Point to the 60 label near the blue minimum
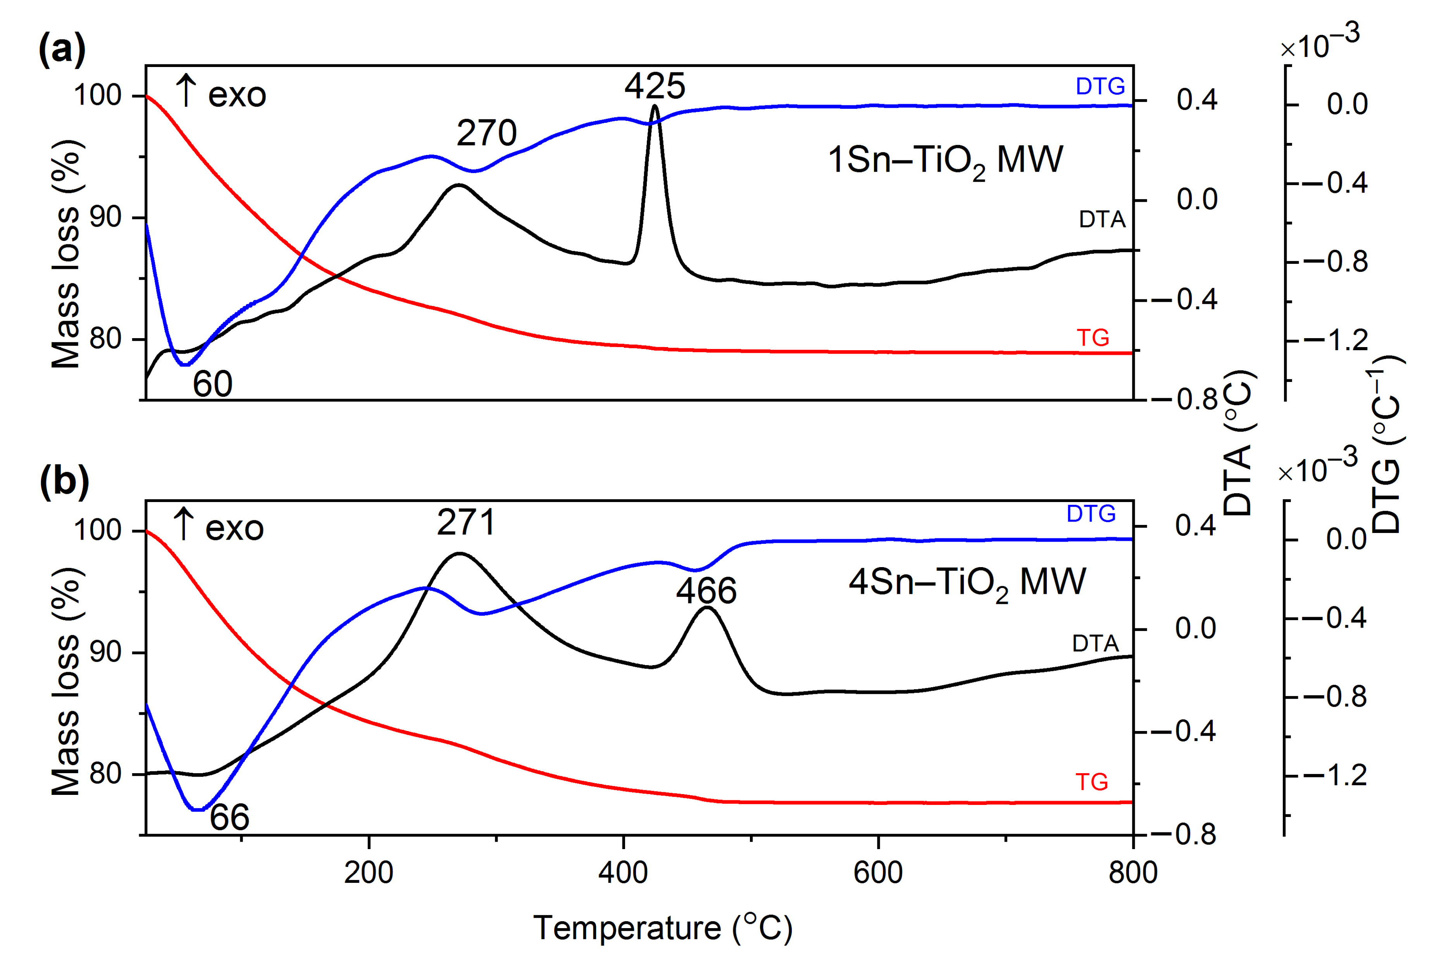pyautogui.click(x=212, y=384)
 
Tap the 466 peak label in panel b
pyautogui.click(x=706, y=591)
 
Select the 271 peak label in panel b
pyautogui.click(x=466, y=522)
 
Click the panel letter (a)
pyautogui.click(x=62, y=50)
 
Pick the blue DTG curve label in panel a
pyautogui.click(x=1100, y=87)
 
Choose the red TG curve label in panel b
pyautogui.click(x=1092, y=782)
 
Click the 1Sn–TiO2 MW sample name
pyautogui.click(x=945, y=160)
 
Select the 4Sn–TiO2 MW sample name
pyautogui.click(x=967, y=583)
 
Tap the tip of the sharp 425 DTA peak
pyautogui.click(x=654, y=106)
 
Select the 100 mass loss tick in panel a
pyautogui.click(x=97, y=96)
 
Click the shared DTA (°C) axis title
pyautogui.click(x=1238, y=444)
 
